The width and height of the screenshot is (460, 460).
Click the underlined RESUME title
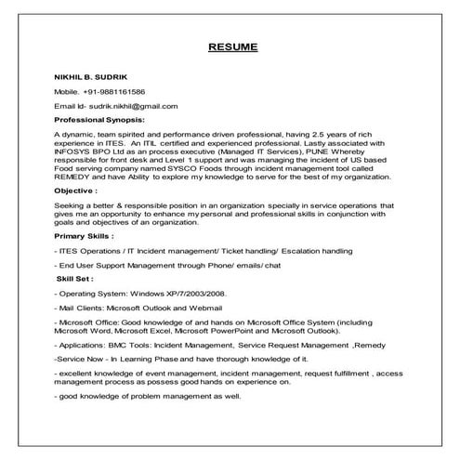(232, 46)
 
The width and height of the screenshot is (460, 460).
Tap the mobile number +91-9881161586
(113, 92)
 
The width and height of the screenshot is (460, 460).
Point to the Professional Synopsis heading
(99, 120)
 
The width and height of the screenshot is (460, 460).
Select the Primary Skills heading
(85, 236)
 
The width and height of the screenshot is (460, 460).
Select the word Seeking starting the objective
(71, 204)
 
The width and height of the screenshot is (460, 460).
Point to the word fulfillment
(347, 372)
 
